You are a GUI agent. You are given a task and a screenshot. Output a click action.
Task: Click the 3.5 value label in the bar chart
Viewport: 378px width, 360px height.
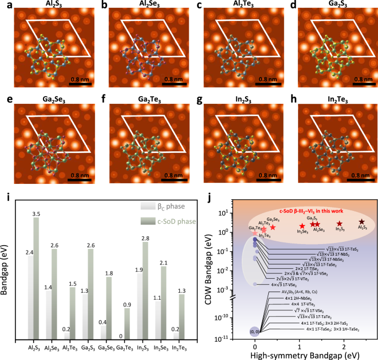tap(36, 213)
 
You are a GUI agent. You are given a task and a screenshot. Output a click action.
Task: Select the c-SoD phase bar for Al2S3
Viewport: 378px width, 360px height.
tap(36, 278)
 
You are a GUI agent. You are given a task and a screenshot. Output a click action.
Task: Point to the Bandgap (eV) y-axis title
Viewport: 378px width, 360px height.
tap(5, 271)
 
